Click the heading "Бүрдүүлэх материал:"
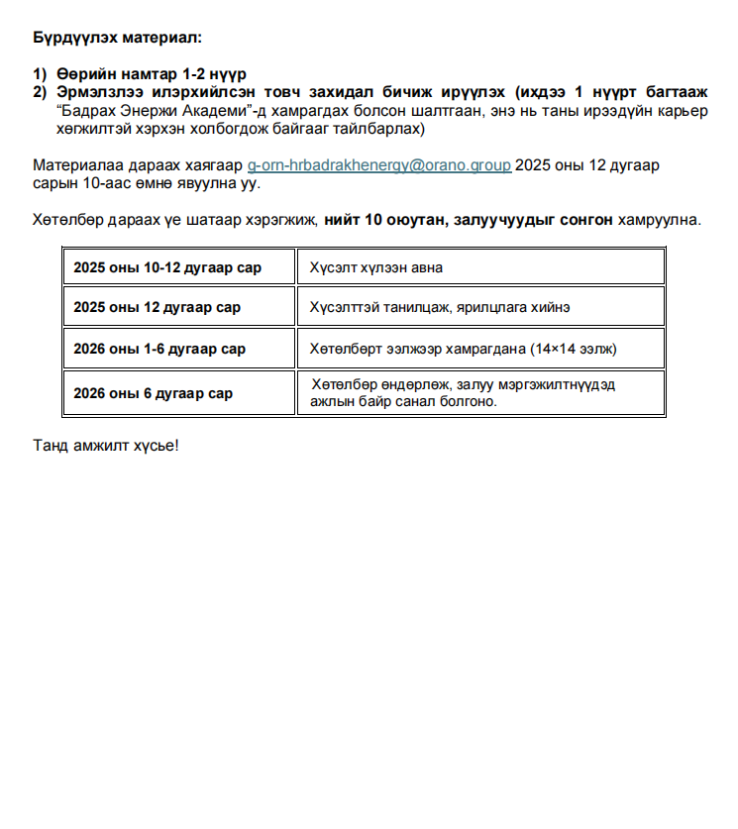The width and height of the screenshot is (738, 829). click(116, 38)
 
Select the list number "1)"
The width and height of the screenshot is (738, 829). click(40, 74)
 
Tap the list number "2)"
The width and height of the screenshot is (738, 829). click(40, 92)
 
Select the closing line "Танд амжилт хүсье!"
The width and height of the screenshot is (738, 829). click(106, 444)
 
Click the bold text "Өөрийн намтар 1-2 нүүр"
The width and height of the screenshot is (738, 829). click(152, 74)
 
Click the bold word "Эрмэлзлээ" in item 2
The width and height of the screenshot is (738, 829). click(97, 92)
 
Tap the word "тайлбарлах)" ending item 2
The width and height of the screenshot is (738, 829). click(382, 129)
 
